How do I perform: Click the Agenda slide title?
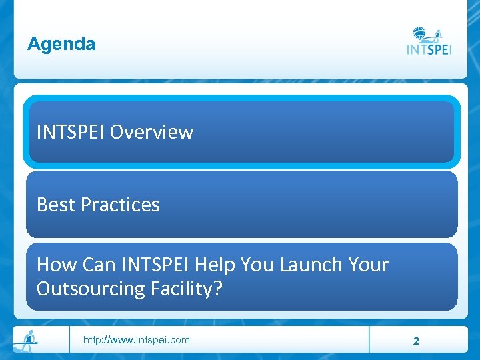coord(61,45)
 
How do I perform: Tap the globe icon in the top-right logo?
coord(420,34)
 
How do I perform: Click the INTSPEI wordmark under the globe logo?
coord(429,50)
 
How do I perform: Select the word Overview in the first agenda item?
coord(151,133)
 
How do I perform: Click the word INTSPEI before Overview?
coord(71,133)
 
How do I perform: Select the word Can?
coord(99,265)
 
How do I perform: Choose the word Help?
coord(215,265)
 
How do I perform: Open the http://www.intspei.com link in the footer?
coord(136,340)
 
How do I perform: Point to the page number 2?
coord(416,341)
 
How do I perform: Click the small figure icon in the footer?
coord(26,339)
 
